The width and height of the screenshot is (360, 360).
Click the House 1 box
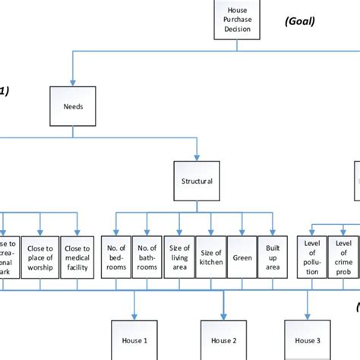point(134,340)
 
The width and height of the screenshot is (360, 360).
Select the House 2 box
point(224,340)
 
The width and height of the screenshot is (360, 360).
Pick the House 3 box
point(308,340)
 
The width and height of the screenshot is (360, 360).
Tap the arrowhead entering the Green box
point(242,232)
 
